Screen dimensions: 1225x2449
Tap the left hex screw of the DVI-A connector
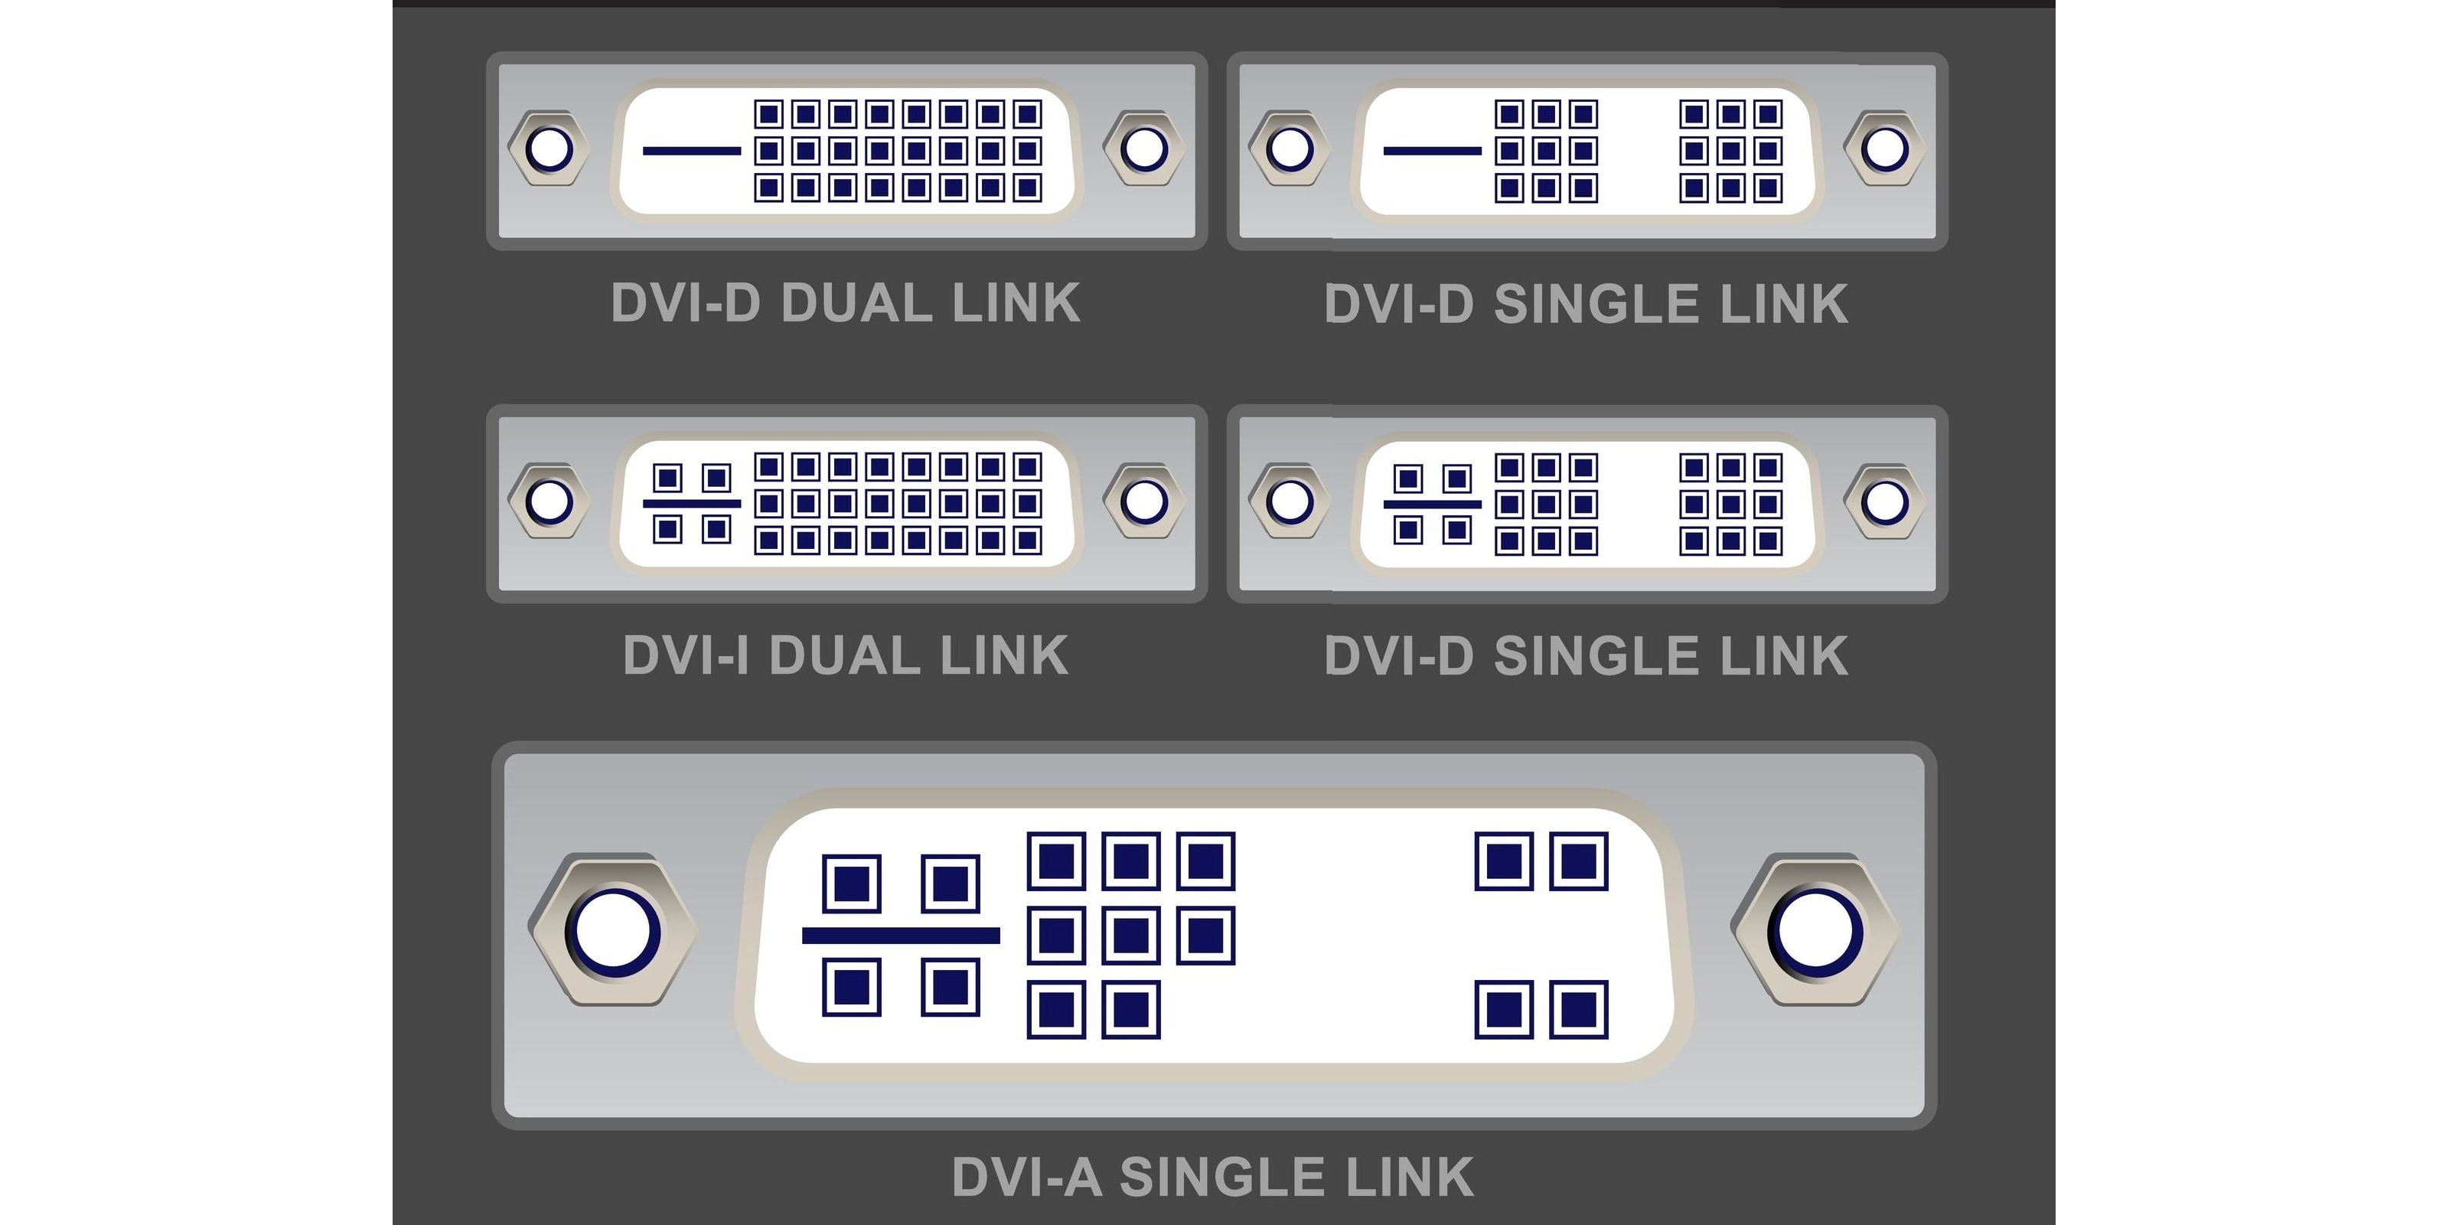tap(613, 931)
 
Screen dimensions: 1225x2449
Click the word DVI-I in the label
tap(684, 656)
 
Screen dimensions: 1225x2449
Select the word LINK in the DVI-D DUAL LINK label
tap(1016, 303)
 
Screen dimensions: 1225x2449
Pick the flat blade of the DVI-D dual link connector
tap(691, 150)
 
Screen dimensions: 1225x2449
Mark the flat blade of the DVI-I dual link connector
tap(691, 503)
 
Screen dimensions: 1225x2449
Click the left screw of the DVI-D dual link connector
tap(549, 149)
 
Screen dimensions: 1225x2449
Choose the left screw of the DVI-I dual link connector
tap(549, 501)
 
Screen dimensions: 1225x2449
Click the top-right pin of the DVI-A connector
tap(1578, 861)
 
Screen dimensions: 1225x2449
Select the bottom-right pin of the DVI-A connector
tap(1578, 1009)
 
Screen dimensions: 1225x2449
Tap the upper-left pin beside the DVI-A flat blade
tap(851, 883)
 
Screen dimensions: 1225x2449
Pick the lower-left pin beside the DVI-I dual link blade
tap(667, 529)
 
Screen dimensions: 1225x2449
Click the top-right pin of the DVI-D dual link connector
tap(1027, 114)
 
